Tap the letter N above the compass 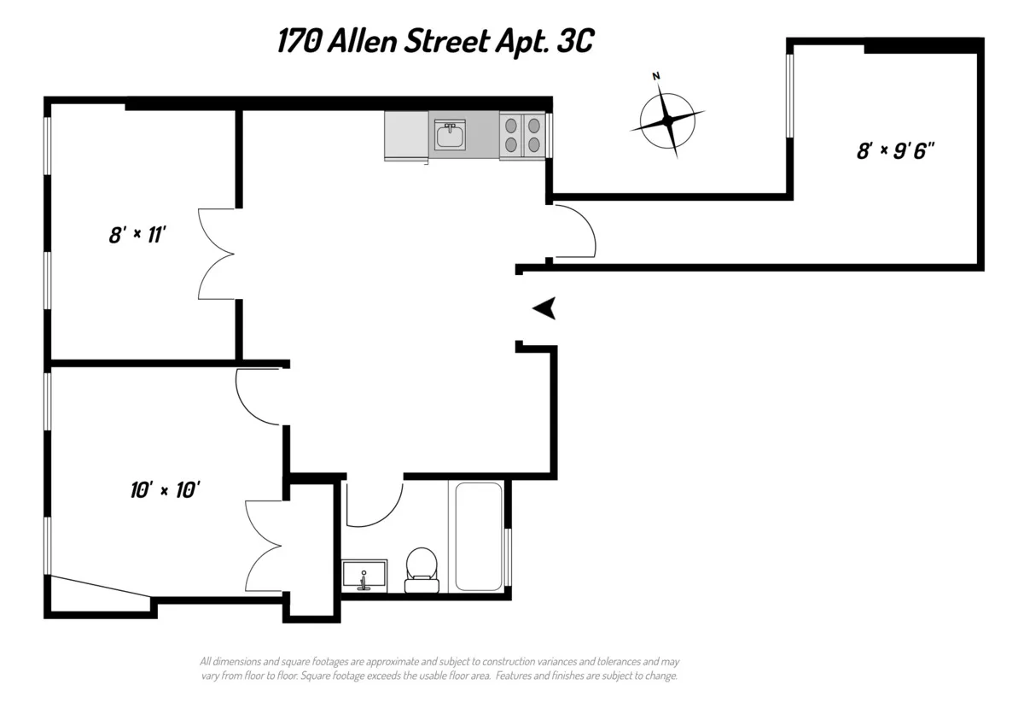(x=656, y=77)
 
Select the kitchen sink (x=450, y=136)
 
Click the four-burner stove (x=522, y=135)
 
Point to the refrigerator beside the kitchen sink (x=407, y=136)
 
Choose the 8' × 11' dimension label (x=136, y=235)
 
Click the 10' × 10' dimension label (x=166, y=490)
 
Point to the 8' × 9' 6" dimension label (x=896, y=150)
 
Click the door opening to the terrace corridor (x=573, y=231)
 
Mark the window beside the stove (x=550, y=135)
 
